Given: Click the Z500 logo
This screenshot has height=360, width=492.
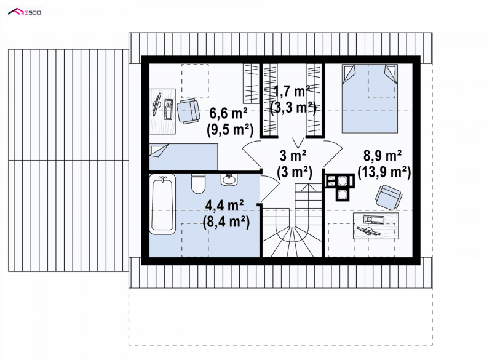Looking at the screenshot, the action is pos(25,12).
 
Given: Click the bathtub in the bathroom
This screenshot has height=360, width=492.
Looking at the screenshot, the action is pos(162,204).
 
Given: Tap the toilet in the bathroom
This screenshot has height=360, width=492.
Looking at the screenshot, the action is pos(198,183).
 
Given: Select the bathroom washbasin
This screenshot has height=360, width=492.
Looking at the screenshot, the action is pos(229,180).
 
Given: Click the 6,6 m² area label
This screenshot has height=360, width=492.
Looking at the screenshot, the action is pos(228,113).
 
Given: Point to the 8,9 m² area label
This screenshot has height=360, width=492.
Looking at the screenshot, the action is pos(383,155).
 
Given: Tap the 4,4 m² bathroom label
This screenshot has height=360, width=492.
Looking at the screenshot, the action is pos(224,206).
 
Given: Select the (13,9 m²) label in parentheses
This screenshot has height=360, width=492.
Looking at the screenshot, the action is pos(384,172).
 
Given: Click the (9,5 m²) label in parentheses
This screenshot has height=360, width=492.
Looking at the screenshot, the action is pos(230,130).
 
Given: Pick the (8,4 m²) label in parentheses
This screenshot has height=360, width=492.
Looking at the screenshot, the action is pos(226,222).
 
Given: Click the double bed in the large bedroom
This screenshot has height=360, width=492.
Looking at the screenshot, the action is pos(370,98).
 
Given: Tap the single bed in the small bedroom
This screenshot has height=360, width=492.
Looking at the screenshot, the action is pos(183,157).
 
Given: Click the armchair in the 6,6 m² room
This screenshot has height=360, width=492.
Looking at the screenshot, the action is pos(188,111).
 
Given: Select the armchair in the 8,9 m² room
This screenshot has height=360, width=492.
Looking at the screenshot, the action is pos(389,197).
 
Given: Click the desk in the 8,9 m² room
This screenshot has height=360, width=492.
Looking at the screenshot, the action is pos(376,225).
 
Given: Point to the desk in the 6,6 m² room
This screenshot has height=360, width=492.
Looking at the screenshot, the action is pos(162,112).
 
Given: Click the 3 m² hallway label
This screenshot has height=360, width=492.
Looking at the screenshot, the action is pos(293,155).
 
